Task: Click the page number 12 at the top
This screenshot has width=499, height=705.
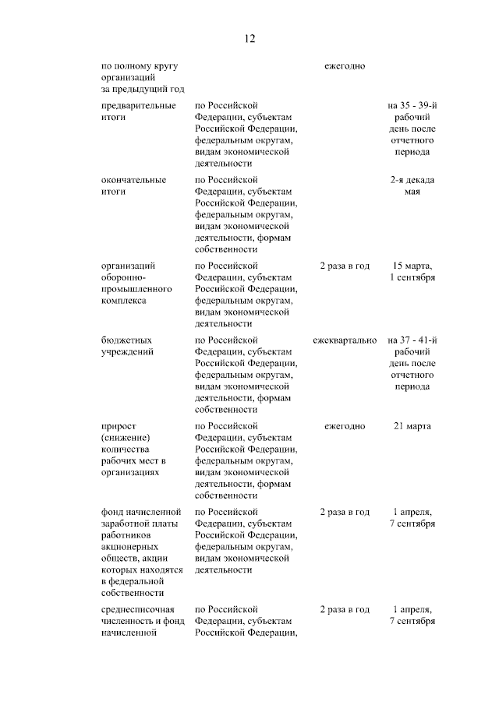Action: tap(249, 38)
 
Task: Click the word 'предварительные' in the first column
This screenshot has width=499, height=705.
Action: tap(138, 104)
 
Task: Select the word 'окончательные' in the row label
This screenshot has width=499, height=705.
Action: tap(133, 179)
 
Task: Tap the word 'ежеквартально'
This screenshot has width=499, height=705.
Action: tap(344, 340)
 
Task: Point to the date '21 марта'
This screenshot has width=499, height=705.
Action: tap(412, 426)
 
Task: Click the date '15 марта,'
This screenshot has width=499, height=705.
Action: tap(412, 266)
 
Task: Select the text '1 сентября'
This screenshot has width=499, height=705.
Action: tap(412, 277)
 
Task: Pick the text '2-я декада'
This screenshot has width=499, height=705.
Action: tap(412, 179)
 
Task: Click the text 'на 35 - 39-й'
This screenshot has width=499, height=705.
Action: tap(412, 104)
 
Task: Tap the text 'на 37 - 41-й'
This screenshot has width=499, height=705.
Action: tap(412, 340)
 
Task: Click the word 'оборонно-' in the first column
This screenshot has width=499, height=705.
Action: tap(123, 277)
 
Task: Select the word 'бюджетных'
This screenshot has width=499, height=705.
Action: tap(126, 340)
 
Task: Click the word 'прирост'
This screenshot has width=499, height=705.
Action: tap(119, 426)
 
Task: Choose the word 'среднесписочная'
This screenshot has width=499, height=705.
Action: tap(138, 609)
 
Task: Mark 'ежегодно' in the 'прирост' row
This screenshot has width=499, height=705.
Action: tap(344, 426)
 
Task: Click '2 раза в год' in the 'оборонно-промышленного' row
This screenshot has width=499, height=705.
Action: tap(344, 266)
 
